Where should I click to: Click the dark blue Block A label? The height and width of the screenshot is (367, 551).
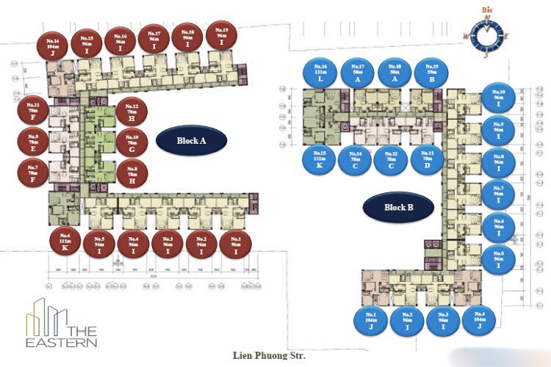(x=191, y=139)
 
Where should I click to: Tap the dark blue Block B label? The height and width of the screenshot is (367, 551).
(x=399, y=207)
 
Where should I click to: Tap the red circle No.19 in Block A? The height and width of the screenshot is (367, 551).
(x=222, y=35)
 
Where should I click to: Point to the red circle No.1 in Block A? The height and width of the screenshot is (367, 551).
(x=236, y=244)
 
